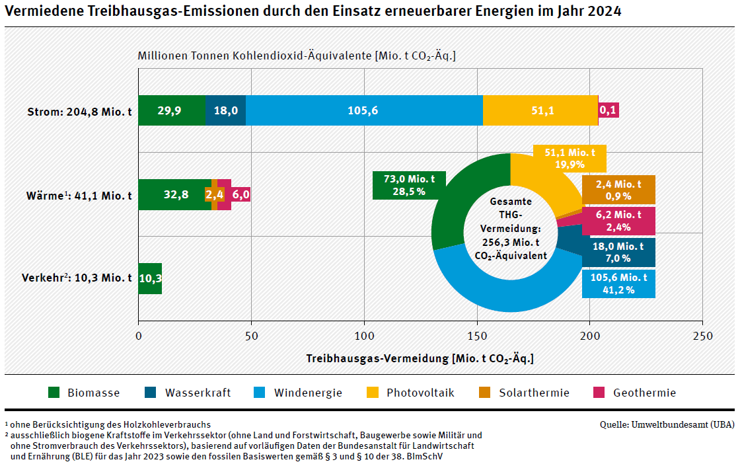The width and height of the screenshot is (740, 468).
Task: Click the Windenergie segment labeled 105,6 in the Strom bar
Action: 364,110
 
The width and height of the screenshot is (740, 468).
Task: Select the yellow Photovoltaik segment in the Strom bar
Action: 540,110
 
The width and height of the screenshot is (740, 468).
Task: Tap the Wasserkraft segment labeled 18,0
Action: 226,110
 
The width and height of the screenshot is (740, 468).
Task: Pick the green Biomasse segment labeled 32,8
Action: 175,194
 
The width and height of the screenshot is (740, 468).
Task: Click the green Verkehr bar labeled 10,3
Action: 150,278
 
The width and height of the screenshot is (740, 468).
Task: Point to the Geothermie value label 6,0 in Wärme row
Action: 241,194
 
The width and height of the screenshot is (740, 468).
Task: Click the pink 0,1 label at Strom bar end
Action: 609,110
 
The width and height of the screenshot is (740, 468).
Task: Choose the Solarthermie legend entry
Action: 525,393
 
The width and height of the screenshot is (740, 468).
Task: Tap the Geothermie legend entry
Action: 635,393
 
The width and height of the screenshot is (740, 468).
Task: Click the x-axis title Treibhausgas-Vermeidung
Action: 420,358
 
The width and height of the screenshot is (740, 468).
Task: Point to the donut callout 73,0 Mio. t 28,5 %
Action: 409,185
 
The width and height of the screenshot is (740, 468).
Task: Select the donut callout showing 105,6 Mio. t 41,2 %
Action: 618,284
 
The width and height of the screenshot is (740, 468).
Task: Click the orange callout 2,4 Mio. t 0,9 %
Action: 618,190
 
